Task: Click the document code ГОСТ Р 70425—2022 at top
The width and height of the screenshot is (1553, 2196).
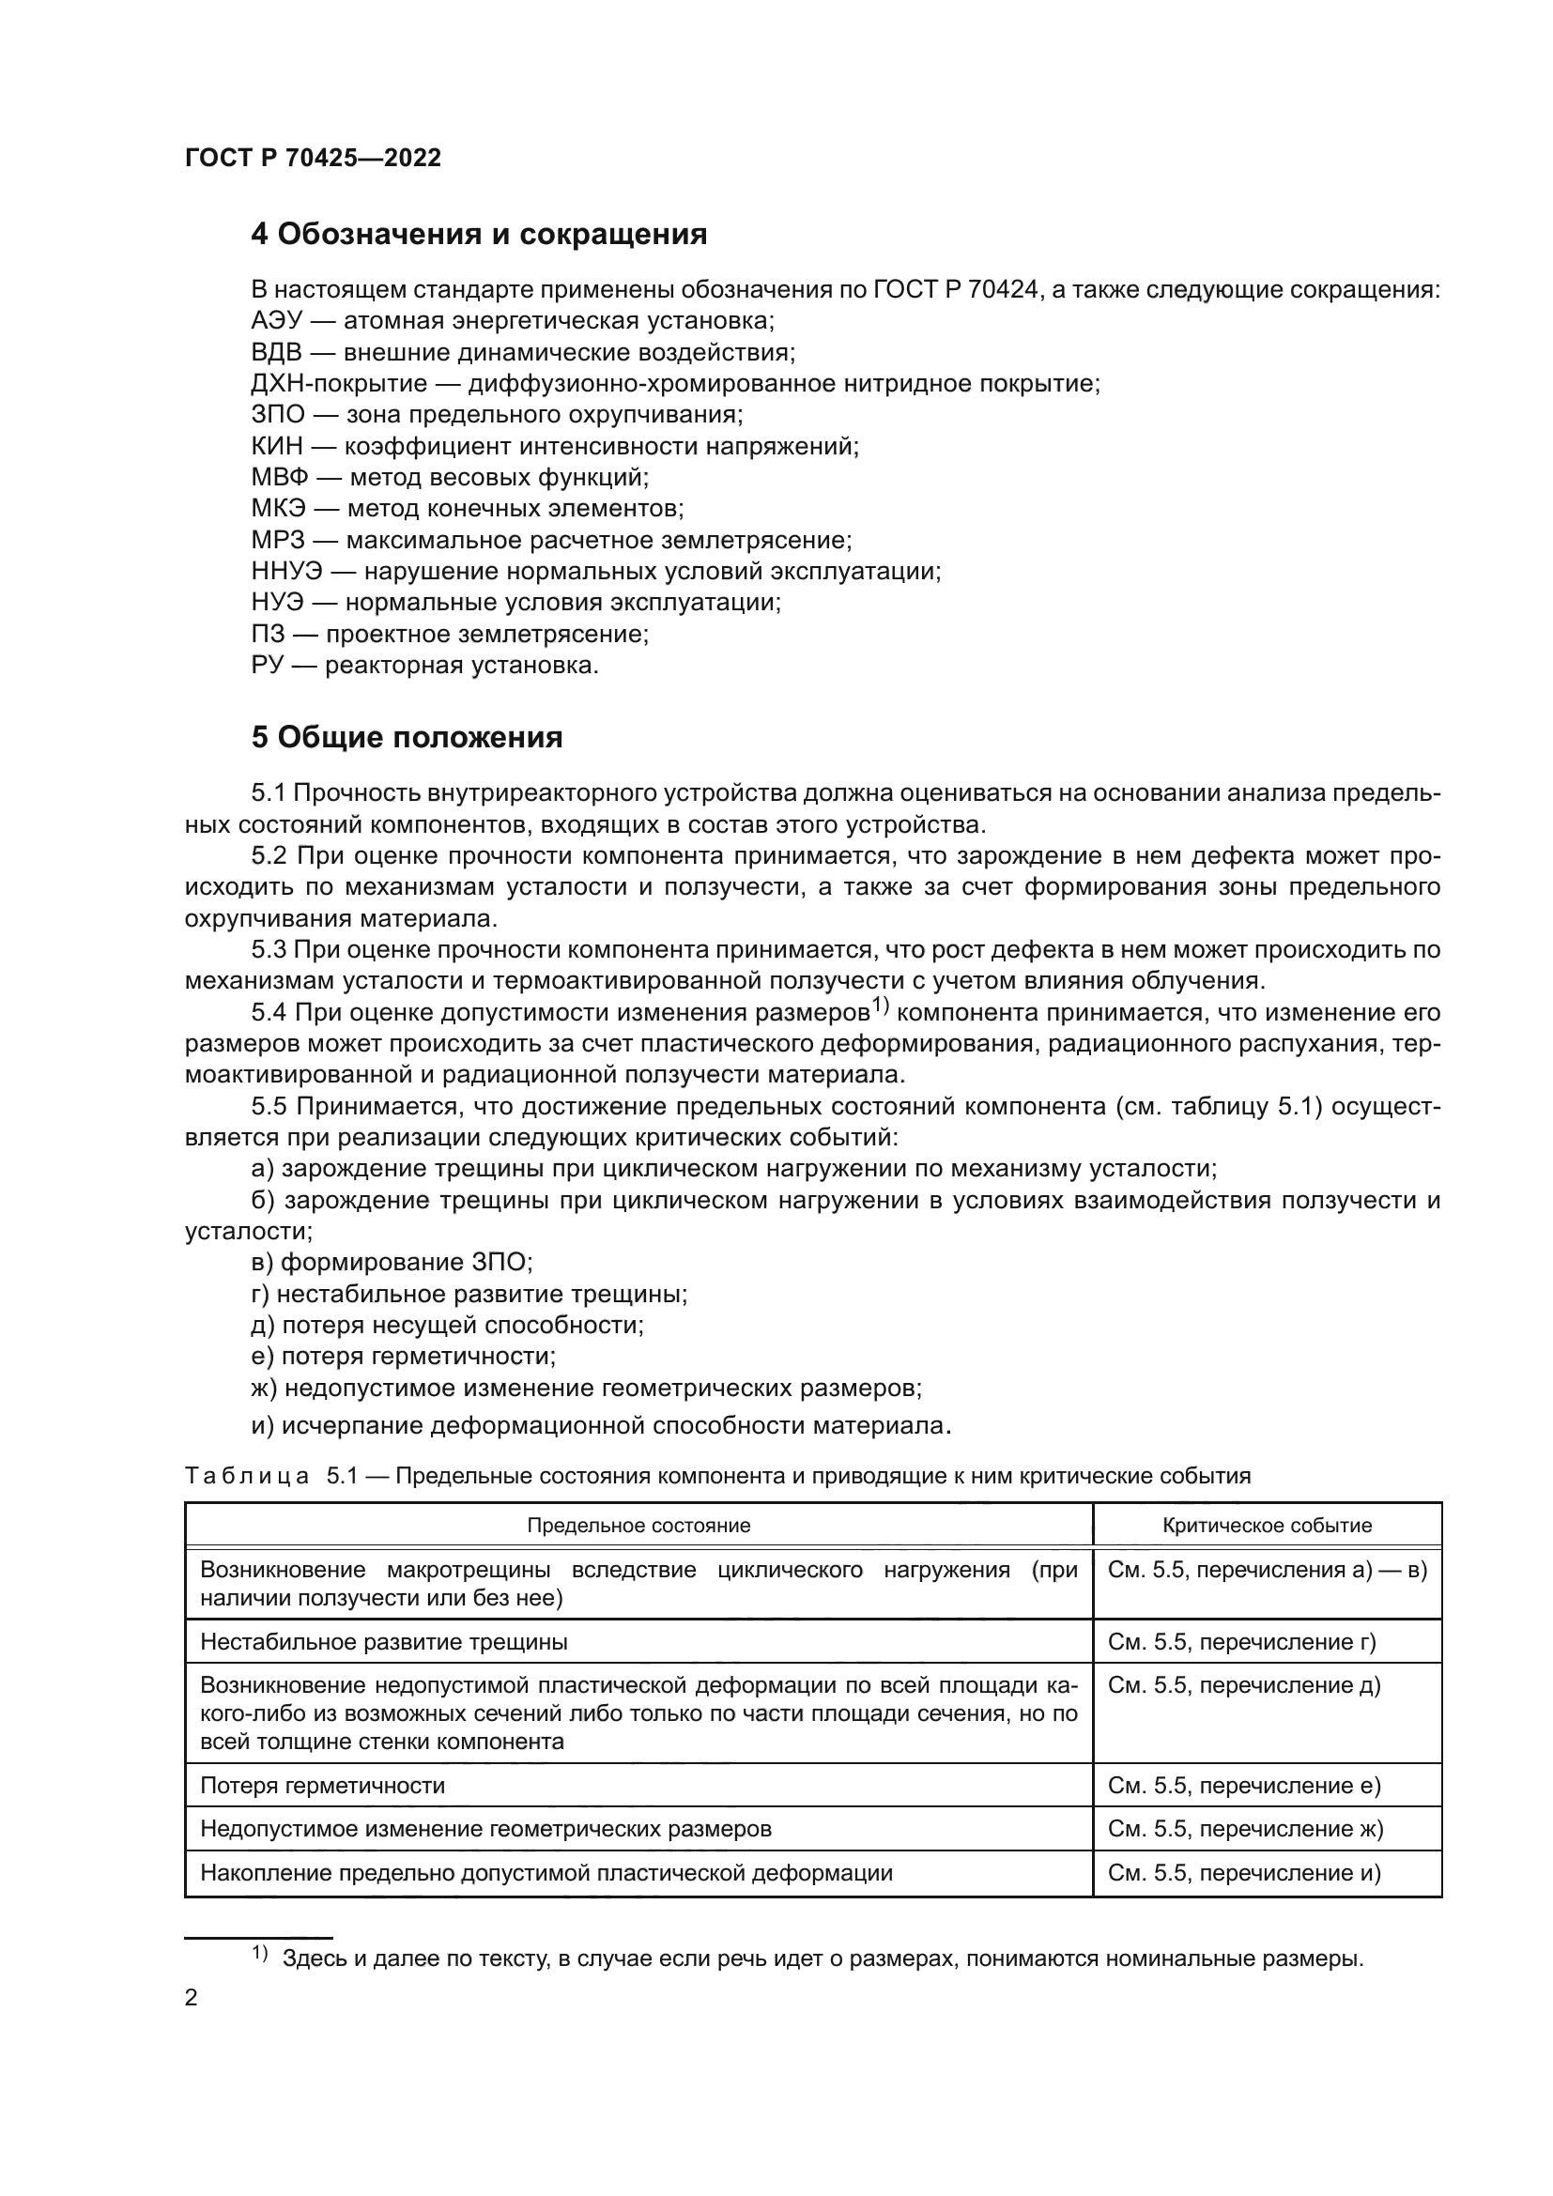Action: click(313, 159)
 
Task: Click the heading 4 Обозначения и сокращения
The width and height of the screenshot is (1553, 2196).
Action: click(478, 235)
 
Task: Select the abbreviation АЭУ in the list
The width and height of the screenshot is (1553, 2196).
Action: click(274, 321)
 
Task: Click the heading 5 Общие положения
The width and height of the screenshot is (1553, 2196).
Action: click(407, 737)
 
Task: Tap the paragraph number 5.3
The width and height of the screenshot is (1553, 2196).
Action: click(269, 950)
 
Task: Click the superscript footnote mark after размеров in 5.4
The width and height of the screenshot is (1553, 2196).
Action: click(880, 1006)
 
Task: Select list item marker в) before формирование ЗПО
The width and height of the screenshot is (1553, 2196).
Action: click(262, 1263)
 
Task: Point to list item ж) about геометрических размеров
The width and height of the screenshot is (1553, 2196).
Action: click(585, 1388)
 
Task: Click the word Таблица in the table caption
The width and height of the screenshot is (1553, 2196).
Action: click(246, 1476)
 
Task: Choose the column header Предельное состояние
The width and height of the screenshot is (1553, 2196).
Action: click(638, 1526)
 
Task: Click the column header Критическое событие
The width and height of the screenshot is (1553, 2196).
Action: click(1266, 1526)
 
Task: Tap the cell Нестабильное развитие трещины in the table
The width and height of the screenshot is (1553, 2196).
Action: click(383, 1642)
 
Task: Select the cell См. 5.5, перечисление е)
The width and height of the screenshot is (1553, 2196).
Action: click(1243, 1786)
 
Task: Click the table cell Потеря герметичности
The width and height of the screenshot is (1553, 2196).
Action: click(322, 1786)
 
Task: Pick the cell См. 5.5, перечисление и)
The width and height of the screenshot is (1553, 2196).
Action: click(1243, 1873)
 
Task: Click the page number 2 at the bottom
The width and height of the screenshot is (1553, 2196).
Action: click(191, 1998)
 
